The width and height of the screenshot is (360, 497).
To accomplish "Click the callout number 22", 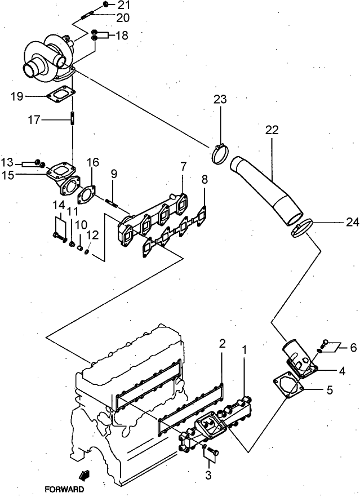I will (272, 130).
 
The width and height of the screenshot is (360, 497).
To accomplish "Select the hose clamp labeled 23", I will (220, 153).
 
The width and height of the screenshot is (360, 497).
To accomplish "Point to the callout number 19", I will (17, 96).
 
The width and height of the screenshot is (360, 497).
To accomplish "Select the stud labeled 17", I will (73, 119).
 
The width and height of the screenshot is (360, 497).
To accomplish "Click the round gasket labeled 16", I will (86, 194).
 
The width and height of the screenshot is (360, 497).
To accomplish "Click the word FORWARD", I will (66, 490).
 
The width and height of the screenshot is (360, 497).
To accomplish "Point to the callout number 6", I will (353, 348).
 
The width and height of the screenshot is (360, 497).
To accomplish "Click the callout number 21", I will (123, 6).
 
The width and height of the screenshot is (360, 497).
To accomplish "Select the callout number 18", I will (122, 35).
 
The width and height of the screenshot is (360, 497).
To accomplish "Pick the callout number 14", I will (59, 204).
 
